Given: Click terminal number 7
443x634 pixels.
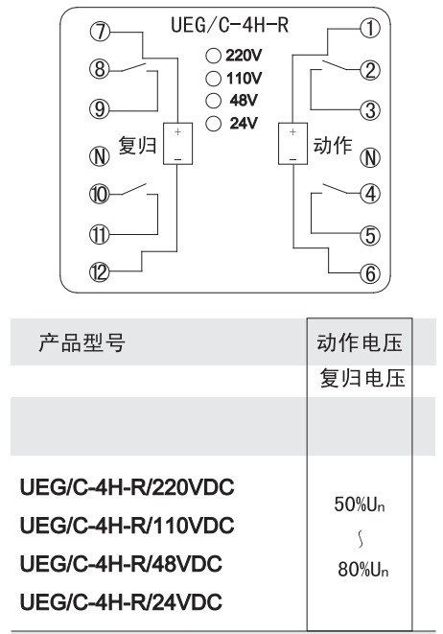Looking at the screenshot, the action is [100, 32].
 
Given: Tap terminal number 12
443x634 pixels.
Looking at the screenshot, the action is [100, 272].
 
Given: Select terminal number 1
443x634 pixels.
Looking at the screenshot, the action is [370, 29].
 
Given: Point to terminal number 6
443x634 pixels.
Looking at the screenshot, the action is [370, 273].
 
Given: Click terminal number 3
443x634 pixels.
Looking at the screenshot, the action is [370, 110].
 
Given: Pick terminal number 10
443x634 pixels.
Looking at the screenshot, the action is [100, 194].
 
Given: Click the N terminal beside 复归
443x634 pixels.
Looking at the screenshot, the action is [100, 156].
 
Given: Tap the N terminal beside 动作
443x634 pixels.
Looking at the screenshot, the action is [370, 157].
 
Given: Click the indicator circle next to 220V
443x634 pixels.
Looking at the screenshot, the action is [214, 56].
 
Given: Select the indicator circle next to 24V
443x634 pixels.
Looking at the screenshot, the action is [214, 124].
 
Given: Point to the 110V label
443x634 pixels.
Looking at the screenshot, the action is [245, 78].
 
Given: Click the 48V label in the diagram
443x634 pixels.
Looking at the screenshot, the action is [244, 101].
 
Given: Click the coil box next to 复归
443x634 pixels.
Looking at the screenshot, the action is [177, 144].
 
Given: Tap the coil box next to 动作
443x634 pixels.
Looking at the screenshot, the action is [293, 144].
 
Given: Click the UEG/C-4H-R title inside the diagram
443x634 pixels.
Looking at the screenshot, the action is [229, 25].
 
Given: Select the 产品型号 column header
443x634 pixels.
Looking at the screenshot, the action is [82, 342].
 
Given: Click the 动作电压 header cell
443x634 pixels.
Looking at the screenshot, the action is [360, 342].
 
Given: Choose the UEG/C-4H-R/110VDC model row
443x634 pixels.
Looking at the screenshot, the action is [127, 525].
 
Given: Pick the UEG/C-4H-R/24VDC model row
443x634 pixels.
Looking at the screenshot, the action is [121, 601].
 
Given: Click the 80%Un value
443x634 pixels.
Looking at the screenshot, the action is [363, 570].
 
